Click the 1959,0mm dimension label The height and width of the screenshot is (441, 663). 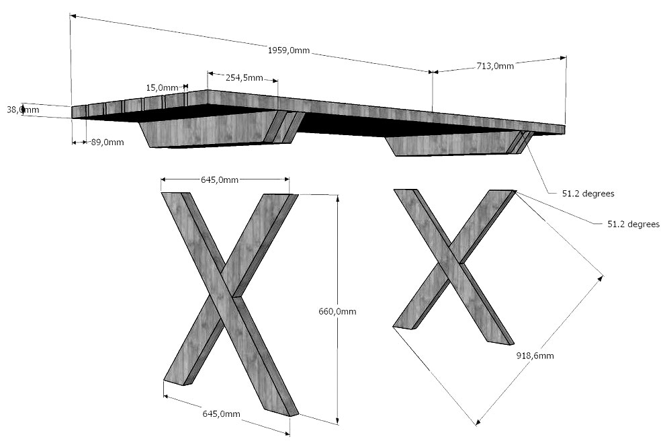(288, 50)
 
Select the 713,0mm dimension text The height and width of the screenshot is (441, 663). (495, 66)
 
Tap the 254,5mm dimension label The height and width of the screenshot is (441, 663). (244, 78)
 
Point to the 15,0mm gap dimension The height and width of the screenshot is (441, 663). (162, 87)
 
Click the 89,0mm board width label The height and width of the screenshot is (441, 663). (107, 142)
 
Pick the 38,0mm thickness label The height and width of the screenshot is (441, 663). (23, 109)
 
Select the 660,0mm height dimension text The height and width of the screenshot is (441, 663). (337, 311)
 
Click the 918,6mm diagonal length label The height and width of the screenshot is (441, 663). (535, 356)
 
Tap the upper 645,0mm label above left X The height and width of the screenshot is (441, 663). (220, 179)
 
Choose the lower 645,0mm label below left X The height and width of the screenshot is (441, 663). (221, 413)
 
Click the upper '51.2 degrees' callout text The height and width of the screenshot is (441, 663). (588, 193)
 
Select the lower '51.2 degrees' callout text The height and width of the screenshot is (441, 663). (633, 224)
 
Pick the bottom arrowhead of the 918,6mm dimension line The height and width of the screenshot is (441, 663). (477, 423)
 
